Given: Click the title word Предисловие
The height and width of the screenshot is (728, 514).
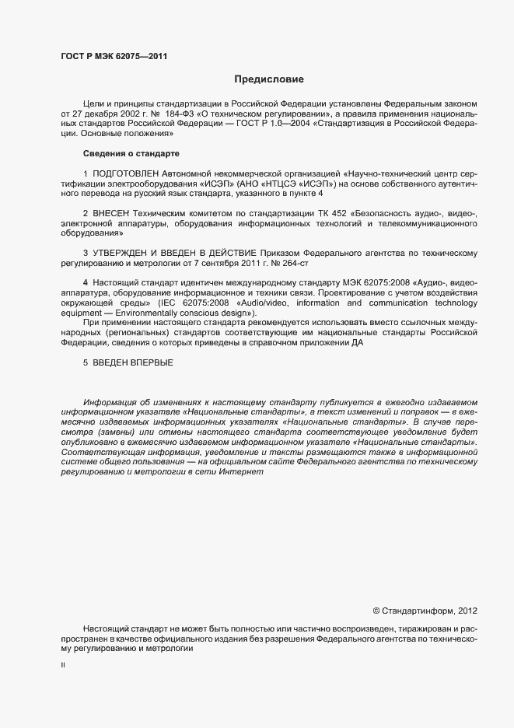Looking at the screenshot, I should tap(269, 79).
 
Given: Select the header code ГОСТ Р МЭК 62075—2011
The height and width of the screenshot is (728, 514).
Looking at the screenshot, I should tap(114, 56).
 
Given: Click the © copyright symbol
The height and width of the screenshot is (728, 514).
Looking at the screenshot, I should tap(376, 611).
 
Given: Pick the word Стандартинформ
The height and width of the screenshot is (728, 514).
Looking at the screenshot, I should tap(417, 611).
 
